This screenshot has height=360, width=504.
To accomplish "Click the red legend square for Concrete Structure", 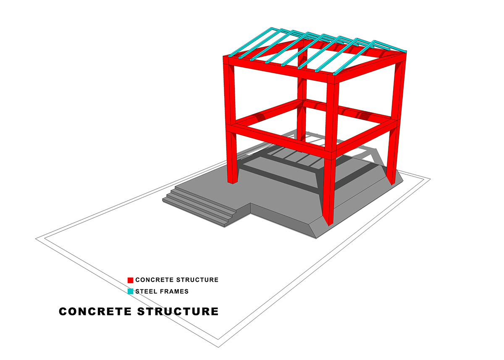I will coord(131,280).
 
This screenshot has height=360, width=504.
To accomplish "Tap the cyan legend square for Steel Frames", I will coord(131,291).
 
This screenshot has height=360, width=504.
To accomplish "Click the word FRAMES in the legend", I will coord(174,291).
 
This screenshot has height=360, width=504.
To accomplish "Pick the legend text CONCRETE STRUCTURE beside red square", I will coord(177,280).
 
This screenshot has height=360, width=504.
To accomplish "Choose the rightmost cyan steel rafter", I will coord(389,47).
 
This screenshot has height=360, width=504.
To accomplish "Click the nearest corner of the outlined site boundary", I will coord(219,346).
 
